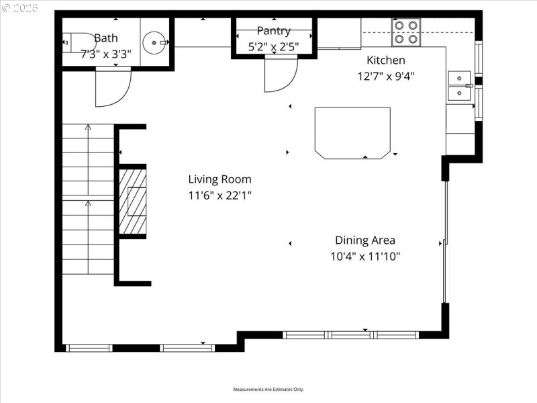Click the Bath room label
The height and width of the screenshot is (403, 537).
106,38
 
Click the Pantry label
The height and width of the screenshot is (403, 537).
273,31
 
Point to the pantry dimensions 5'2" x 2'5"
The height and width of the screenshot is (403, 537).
273,46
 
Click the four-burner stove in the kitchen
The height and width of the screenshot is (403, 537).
405,32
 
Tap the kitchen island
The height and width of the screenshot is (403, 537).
352,132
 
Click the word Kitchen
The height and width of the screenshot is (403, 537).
385,60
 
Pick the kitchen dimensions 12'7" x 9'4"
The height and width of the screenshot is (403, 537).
385,76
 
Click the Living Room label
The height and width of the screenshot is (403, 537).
219,179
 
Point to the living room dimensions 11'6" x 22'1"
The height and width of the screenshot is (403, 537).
219,195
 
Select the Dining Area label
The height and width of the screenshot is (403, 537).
365,240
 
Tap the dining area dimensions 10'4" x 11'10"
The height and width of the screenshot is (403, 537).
365,256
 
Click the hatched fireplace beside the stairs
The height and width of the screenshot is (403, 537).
133,201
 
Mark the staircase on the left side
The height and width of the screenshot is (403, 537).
88,199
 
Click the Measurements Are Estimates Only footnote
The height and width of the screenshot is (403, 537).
268,390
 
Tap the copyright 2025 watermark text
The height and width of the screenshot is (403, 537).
20,7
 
